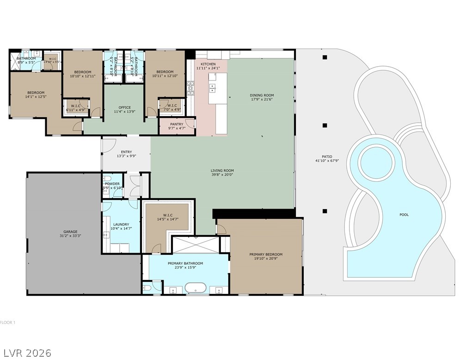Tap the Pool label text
pyautogui.click(x=404, y=215)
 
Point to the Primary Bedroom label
pyautogui.click(x=266, y=254)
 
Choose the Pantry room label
pyautogui.click(x=177, y=124)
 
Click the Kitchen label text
pyautogui.click(x=208, y=64)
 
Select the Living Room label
pyautogui.click(x=222, y=170)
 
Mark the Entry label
pyautogui.click(x=126, y=152)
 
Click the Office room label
pyautogui.click(x=124, y=107)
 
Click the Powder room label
pyautogui.click(x=112, y=184)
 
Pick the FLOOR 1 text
pyautogui.click(x=8, y=323)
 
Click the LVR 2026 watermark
pyautogui.click(x=26, y=353)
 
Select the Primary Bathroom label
pyautogui.click(x=185, y=263)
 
